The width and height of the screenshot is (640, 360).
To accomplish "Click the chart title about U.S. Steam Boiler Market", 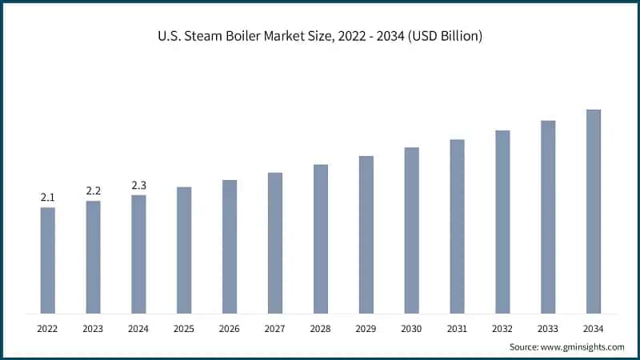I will pyautogui.click(x=320, y=38).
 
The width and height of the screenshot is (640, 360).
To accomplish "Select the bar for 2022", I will pyautogui.click(x=48, y=260).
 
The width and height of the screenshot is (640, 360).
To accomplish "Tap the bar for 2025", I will pyautogui.click(x=184, y=250).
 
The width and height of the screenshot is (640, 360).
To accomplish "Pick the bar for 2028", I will pyautogui.click(x=320, y=238).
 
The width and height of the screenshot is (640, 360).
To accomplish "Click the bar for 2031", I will pyautogui.click(x=457, y=226).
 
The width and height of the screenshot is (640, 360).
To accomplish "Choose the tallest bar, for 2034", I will pyautogui.click(x=593, y=211).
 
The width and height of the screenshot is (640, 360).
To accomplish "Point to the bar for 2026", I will pyautogui.click(x=230, y=246).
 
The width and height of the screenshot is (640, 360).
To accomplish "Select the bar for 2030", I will pyautogui.click(x=411, y=230).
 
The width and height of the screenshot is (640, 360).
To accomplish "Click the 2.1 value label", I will pyautogui.click(x=48, y=197).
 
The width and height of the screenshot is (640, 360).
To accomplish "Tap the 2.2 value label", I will pyautogui.click(x=94, y=190).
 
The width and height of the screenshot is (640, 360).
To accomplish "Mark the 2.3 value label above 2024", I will pyautogui.click(x=138, y=185).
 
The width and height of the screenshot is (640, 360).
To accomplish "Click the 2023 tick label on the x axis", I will pyautogui.click(x=94, y=328).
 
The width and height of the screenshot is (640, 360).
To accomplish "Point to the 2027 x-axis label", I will pyautogui.click(x=275, y=328).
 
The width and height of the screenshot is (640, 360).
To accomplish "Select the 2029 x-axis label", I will pyautogui.click(x=366, y=328).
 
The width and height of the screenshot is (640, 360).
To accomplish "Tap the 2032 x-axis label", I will pyautogui.click(x=502, y=328).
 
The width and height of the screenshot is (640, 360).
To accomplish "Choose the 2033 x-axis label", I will pyautogui.click(x=547, y=328).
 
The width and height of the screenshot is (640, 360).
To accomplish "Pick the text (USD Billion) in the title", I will pyautogui.click(x=443, y=38).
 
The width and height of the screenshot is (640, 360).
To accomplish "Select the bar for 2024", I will pyautogui.click(x=138, y=254).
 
